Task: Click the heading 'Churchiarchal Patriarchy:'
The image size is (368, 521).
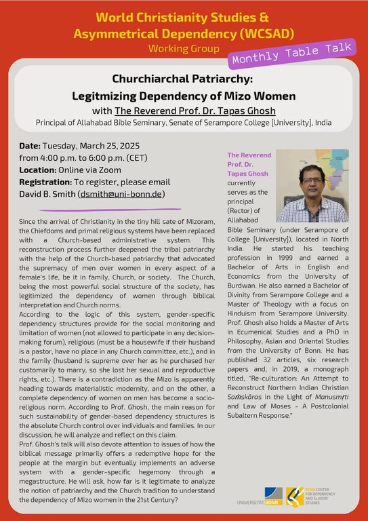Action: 183,79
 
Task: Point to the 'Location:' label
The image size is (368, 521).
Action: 41,170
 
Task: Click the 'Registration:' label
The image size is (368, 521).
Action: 48,182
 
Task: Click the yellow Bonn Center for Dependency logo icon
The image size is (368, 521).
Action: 295,497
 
